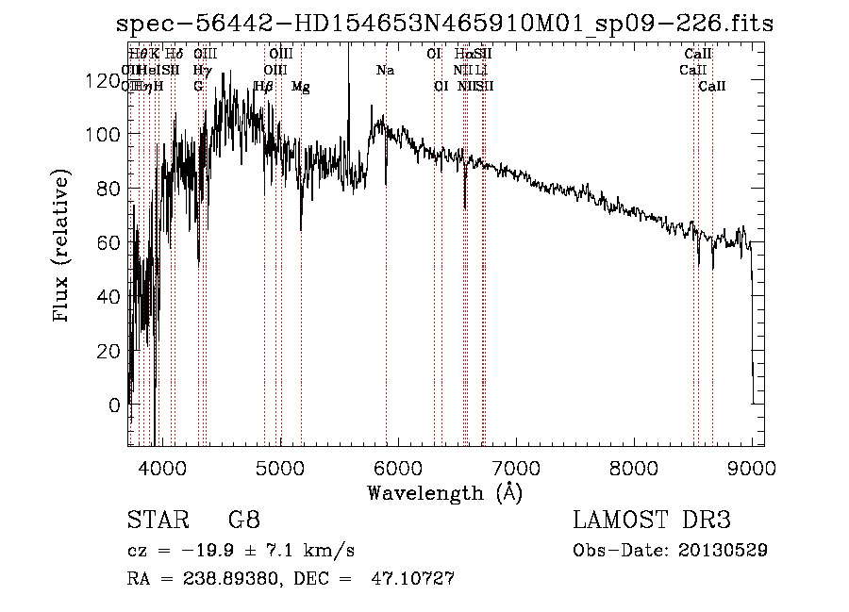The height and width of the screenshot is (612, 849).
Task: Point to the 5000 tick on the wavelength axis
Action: tap(279, 466)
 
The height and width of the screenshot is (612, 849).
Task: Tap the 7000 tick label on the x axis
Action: tap(516, 466)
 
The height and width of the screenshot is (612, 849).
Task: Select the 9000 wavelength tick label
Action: tap(753, 466)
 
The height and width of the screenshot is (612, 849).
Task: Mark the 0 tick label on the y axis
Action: tap(114, 405)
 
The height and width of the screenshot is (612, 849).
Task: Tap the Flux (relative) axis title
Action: tap(63, 247)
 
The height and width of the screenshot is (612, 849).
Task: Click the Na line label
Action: tap(385, 71)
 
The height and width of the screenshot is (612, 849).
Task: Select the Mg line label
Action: tap(301, 87)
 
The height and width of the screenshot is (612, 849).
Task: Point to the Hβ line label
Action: tap(264, 87)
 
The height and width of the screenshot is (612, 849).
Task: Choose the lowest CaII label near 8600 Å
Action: tap(712, 87)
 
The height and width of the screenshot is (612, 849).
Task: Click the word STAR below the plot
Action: tap(157, 521)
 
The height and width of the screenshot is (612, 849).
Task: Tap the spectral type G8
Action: tap(244, 521)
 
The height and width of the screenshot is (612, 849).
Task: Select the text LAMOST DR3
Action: tap(652, 521)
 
